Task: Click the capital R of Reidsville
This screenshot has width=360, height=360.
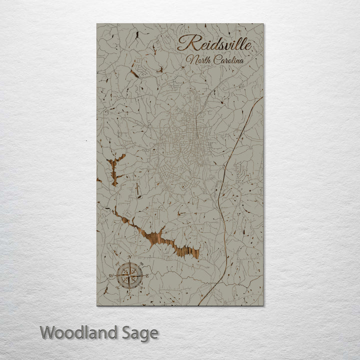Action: click(184, 43)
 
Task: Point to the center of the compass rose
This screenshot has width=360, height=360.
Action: click(129, 274)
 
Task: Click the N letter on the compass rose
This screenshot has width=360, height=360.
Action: click(129, 258)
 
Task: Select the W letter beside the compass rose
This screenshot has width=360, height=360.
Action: click(112, 275)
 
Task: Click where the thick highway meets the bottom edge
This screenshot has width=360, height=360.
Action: click(200, 305)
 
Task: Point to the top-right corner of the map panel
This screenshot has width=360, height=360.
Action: click(263, 23)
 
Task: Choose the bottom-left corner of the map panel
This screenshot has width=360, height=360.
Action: click(97, 305)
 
